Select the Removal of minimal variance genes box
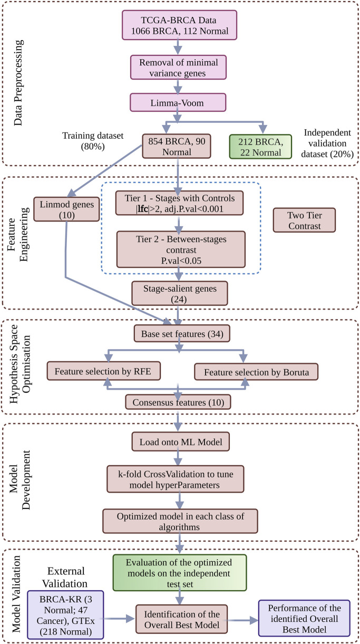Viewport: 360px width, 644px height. click(180, 70)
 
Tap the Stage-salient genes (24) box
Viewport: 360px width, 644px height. click(180, 292)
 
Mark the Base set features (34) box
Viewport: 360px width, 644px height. click(180, 334)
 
